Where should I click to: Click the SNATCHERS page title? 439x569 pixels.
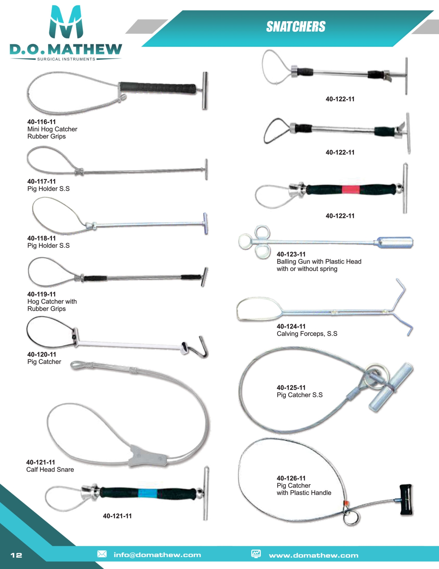[x=296, y=27]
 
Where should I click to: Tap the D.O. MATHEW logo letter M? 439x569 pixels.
[x=66, y=22]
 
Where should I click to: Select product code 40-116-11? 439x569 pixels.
[x=41, y=122]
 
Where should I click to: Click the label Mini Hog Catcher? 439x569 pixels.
[x=52, y=129]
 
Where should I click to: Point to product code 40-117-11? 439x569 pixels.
[x=41, y=182]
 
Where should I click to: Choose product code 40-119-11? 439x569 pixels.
[x=41, y=294]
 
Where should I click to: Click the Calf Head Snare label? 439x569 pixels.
[x=50, y=469]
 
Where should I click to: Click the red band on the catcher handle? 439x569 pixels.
[x=350, y=189]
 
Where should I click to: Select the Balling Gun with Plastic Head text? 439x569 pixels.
[x=319, y=261]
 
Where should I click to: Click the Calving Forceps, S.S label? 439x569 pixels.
[x=307, y=334]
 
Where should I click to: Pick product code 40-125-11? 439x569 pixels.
[x=291, y=387]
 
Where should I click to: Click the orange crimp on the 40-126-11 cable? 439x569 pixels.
[x=346, y=503]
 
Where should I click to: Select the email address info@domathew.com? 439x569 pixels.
[x=157, y=555]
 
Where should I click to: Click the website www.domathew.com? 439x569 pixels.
[x=313, y=555]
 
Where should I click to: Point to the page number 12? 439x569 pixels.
[x=16, y=555]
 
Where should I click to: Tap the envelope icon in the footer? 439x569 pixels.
[x=102, y=554]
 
